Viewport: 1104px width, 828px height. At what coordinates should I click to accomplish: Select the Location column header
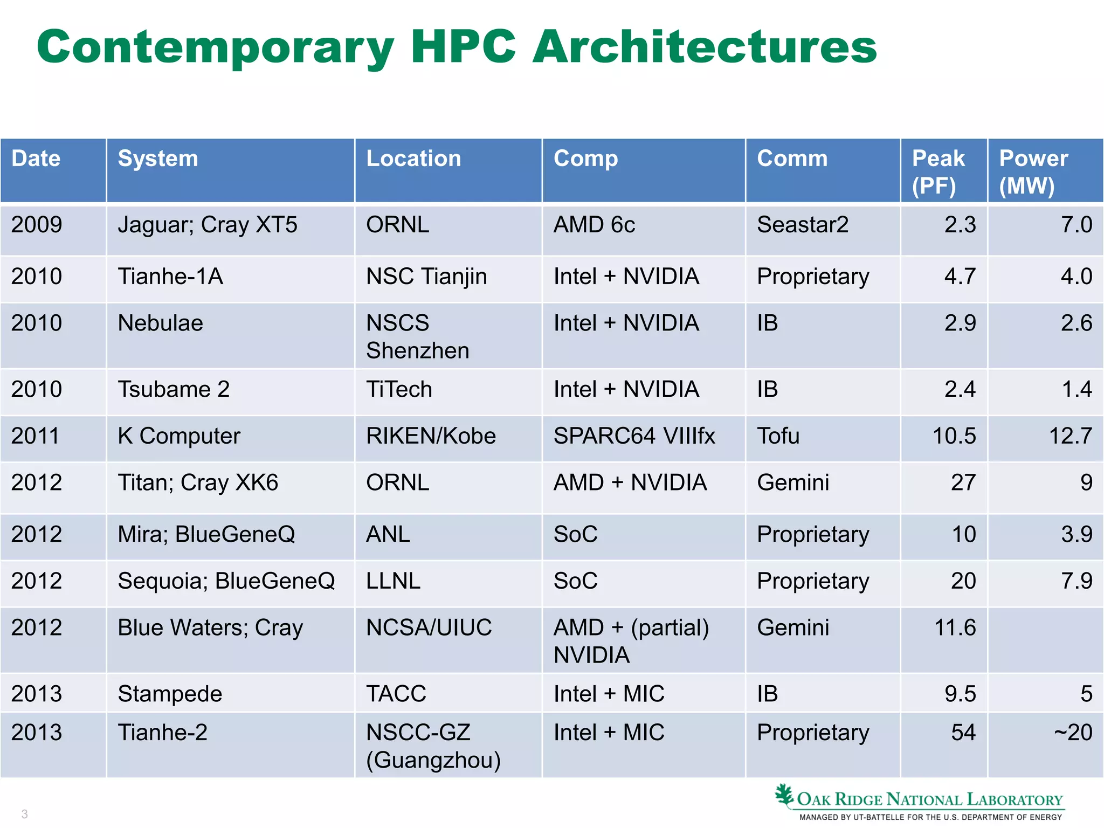point(413,159)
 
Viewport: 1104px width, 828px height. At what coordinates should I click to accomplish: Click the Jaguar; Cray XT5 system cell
point(208,225)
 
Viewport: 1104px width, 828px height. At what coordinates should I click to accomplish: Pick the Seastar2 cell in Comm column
point(802,225)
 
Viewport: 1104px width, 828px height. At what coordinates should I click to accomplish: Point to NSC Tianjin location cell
point(426,277)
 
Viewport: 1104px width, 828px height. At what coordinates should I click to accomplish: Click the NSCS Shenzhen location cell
point(417,336)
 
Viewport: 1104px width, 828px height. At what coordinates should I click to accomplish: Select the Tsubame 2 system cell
point(174,390)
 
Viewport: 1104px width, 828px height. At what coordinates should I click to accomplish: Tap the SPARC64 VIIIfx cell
point(634,436)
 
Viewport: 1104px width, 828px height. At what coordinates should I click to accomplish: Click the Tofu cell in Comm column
point(778,436)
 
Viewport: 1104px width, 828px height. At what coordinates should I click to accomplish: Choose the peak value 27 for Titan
point(963,483)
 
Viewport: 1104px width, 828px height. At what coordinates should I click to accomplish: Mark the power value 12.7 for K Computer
point(1070,436)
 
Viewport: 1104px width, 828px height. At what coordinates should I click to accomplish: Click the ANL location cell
point(388,535)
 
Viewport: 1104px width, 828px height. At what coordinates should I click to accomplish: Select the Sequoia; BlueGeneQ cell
point(226,581)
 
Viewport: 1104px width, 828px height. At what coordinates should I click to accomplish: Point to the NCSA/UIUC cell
point(429,628)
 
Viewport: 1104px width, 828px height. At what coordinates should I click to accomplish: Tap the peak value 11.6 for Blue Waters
point(955,628)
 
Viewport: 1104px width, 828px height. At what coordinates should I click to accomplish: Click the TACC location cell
point(396,694)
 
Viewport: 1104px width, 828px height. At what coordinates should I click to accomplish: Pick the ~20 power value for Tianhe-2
point(1073,733)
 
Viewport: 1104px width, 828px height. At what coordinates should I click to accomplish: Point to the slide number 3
point(24,814)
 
